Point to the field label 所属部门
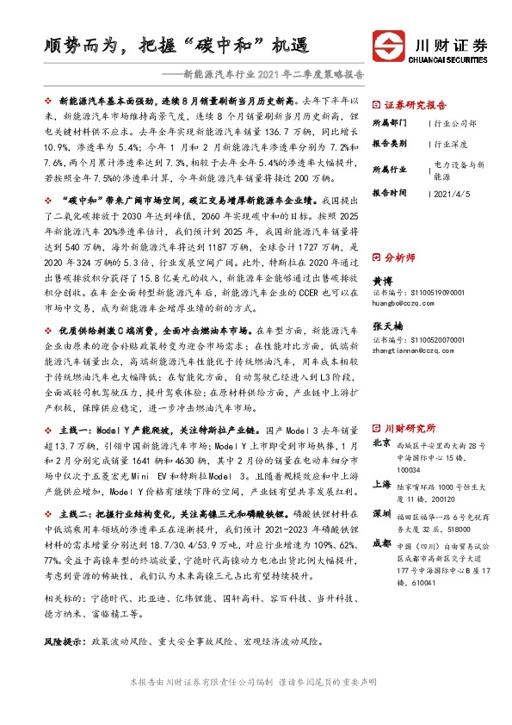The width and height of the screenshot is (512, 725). click(388, 123)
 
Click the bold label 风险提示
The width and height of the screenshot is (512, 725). click(67, 642)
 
